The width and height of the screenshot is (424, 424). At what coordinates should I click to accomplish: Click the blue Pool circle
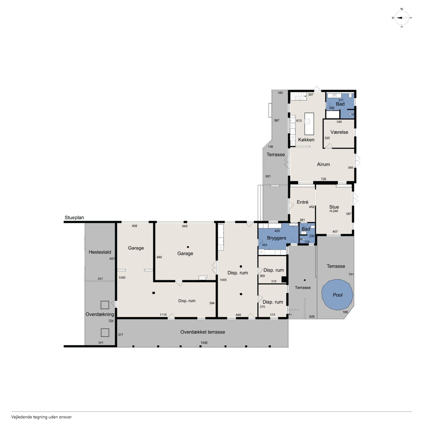pos(337,294)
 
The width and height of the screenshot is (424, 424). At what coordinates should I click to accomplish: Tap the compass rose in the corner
pos(402,18)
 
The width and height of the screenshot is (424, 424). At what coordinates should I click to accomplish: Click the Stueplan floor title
pos(74,218)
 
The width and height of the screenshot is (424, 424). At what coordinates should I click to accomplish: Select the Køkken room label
pos(306,140)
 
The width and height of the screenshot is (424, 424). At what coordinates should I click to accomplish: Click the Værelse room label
pos(339,132)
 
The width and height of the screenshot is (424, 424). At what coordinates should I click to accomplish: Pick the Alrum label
pos(323,164)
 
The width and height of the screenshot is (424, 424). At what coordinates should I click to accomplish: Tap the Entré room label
pos(302,202)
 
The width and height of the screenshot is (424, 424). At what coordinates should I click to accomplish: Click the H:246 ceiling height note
pos(334,211)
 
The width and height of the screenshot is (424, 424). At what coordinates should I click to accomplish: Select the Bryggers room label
pos(277,238)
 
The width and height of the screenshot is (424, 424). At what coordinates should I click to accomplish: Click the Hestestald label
pos(100,252)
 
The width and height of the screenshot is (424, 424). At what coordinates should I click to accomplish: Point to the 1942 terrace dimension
pos(204,343)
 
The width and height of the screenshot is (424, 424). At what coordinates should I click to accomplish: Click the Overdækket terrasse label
pos(203,332)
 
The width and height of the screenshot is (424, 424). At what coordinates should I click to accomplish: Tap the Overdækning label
pos(100,314)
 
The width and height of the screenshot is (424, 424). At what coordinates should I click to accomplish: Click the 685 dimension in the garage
pos(185,226)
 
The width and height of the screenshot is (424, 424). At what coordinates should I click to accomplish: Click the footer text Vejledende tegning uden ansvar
pos(41,417)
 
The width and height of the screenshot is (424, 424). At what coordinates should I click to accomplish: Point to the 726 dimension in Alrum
pos(323,179)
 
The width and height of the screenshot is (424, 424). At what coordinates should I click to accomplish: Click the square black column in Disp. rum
pos(154,293)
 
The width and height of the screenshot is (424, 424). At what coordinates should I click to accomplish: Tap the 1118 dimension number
pos(163,315)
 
